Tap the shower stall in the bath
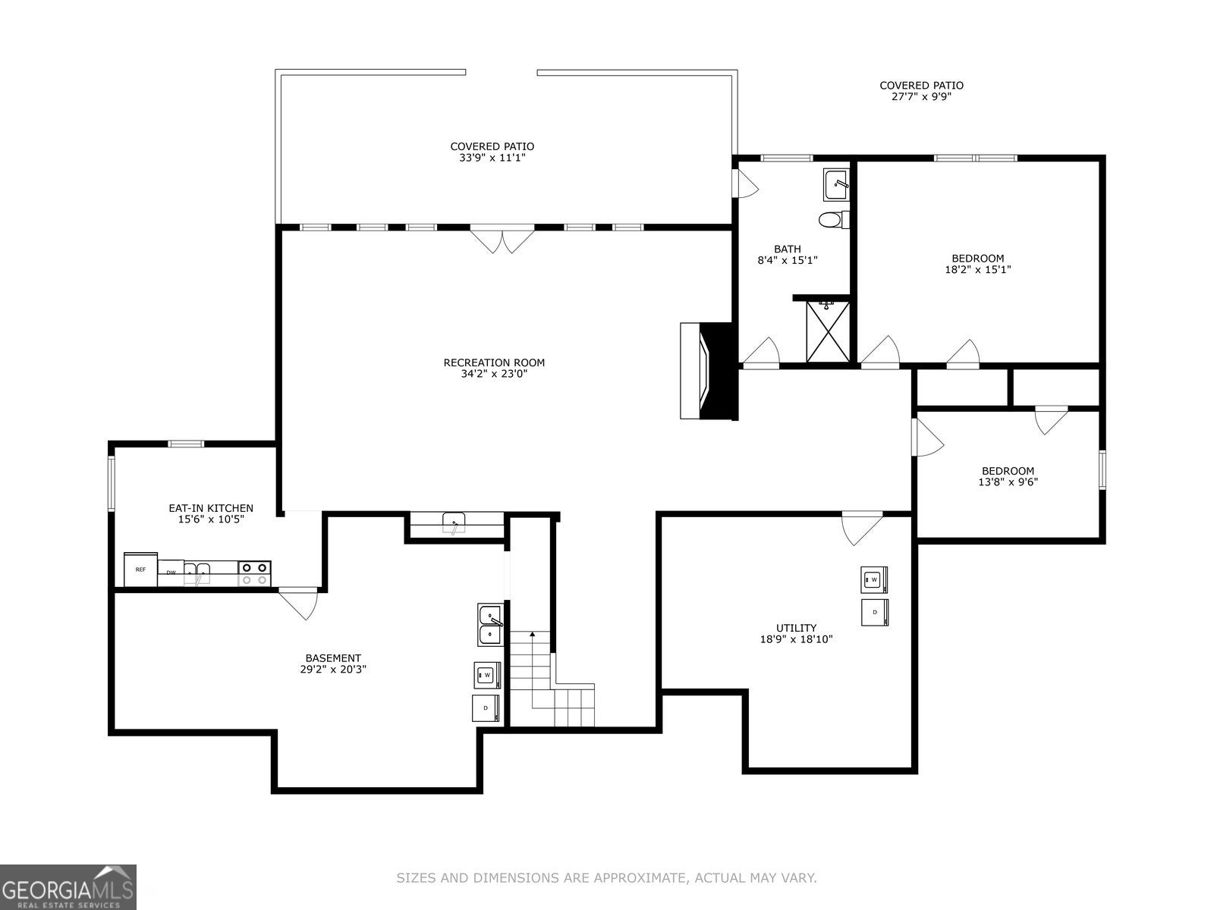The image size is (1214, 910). pyautogui.click(x=828, y=332)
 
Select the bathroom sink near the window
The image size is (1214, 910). pyautogui.click(x=836, y=182)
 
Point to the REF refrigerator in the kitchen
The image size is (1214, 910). pyautogui.click(x=140, y=570)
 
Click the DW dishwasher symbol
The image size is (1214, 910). pyautogui.click(x=171, y=573)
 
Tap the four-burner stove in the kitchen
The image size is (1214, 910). pyautogui.click(x=254, y=573)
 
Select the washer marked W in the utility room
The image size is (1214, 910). pyautogui.click(x=874, y=580)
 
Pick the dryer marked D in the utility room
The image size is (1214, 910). pyautogui.click(x=874, y=612)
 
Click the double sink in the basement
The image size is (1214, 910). pyautogui.click(x=490, y=625)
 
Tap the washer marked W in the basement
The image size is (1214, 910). pyautogui.click(x=487, y=674)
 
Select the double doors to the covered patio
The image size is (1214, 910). pyautogui.click(x=501, y=240)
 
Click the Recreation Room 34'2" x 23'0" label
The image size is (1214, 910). pyautogui.click(x=494, y=368)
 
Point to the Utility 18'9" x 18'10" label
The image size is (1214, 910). pyautogui.click(x=796, y=633)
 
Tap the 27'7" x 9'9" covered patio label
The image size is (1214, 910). pyautogui.click(x=921, y=91)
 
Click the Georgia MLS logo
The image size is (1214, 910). pyautogui.click(x=68, y=887)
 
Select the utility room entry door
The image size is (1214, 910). pyautogui.click(x=861, y=528)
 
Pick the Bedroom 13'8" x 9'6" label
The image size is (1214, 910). pyautogui.click(x=1008, y=476)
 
